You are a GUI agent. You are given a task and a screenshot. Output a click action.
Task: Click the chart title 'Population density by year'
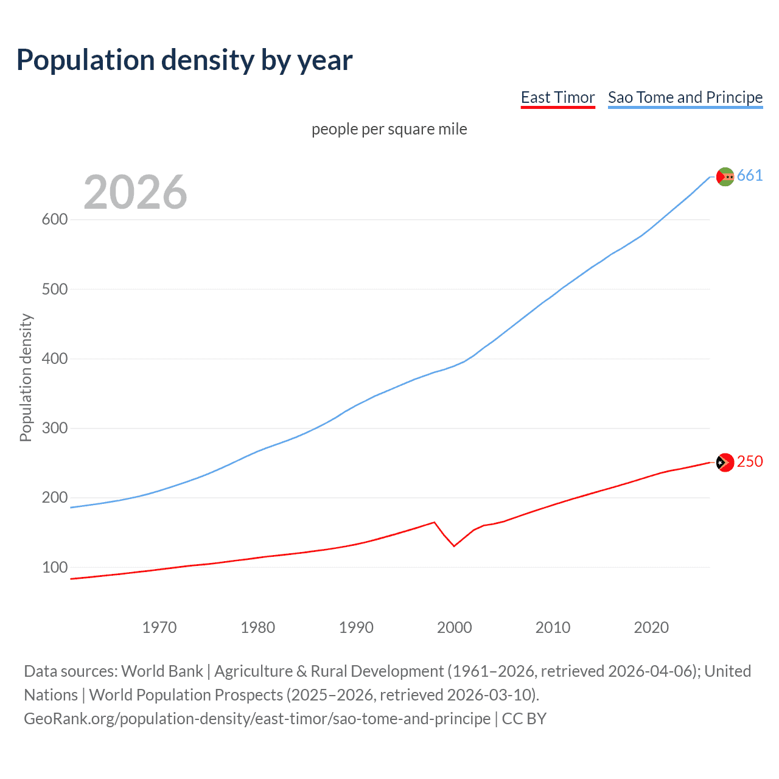tap(184, 60)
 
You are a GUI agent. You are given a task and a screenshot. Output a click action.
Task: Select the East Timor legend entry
tap(557, 97)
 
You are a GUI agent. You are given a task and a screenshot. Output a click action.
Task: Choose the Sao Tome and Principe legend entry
tap(685, 97)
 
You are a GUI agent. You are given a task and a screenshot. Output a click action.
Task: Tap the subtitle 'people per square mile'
tap(389, 129)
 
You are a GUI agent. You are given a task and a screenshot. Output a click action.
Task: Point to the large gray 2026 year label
tap(135, 192)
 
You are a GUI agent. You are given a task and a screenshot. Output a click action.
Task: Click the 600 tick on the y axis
tap(55, 220)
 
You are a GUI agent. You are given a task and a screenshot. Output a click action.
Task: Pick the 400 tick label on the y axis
tap(55, 359)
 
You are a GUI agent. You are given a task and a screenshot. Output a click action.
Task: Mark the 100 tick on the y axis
tap(55, 568)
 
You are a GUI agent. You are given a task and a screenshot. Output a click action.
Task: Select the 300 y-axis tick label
tap(55, 428)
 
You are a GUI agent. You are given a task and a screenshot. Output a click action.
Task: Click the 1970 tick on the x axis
tap(159, 627)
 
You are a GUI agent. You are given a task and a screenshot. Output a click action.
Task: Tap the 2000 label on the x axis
tap(455, 627)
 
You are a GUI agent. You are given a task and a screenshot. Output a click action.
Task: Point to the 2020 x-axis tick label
tap(651, 627)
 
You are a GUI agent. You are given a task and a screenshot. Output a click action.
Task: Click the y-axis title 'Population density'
tap(26, 377)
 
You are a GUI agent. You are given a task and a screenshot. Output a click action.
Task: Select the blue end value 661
tap(750, 176)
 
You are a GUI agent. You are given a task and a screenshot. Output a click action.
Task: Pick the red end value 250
tap(750, 462)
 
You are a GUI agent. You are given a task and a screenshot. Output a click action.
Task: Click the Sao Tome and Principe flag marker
tap(725, 176)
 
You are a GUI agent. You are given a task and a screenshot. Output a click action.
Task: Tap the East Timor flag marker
tap(725, 463)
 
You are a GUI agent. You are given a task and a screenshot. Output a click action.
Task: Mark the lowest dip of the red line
tap(454, 546)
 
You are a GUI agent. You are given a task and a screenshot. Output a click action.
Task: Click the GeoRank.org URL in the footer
tap(257, 719)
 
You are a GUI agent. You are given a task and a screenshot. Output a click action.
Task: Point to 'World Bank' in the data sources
tap(162, 671)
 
